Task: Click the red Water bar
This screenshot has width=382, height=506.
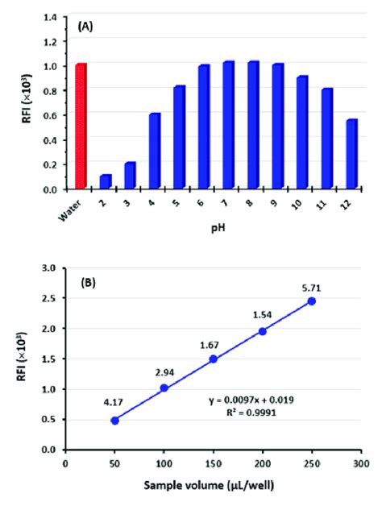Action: point(81,126)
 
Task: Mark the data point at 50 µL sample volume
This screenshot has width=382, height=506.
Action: point(114,420)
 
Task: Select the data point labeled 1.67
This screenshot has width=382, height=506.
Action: point(213,359)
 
